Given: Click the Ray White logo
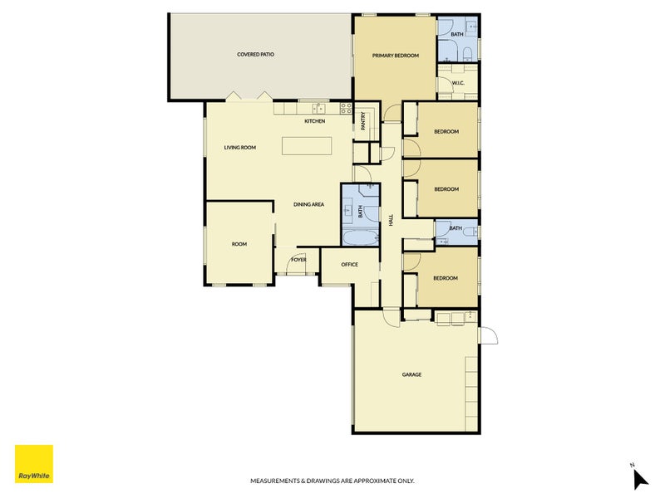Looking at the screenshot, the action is pyautogui.click(x=34, y=464).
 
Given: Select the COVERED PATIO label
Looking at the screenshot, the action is pyautogui.click(x=255, y=55).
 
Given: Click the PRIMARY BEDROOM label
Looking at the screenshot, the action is pyautogui.click(x=396, y=56).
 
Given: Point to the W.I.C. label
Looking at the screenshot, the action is pyautogui.click(x=458, y=83).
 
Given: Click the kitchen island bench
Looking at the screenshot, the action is pyautogui.click(x=307, y=146).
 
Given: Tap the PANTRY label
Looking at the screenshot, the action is pyautogui.click(x=363, y=121).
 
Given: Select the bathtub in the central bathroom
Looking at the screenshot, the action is pyautogui.click(x=360, y=237).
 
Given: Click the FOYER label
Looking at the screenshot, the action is pyautogui.click(x=298, y=260).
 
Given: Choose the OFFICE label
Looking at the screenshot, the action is pyautogui.click(x=349, y=264).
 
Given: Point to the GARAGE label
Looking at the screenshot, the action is pyautogui.click(x=411, y=374).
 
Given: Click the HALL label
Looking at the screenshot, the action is pyautogui.click(x=391, y=220).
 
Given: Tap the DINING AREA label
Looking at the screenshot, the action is pyautogui.click(x=308, y=204).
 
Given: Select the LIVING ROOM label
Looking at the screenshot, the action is pyautogui.click(x=240, y=148).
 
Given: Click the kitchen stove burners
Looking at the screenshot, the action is pyautogui.click(x=346, y=109).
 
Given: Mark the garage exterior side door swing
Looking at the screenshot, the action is pyautogui.click(x=489, y=335).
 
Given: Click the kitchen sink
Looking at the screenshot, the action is pyautogui.click(x=318, y=109).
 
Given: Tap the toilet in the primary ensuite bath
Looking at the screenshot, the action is pyautogui.click(x=467, y=53).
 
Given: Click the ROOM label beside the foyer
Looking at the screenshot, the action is pyautogui.click(x=239, y=244).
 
